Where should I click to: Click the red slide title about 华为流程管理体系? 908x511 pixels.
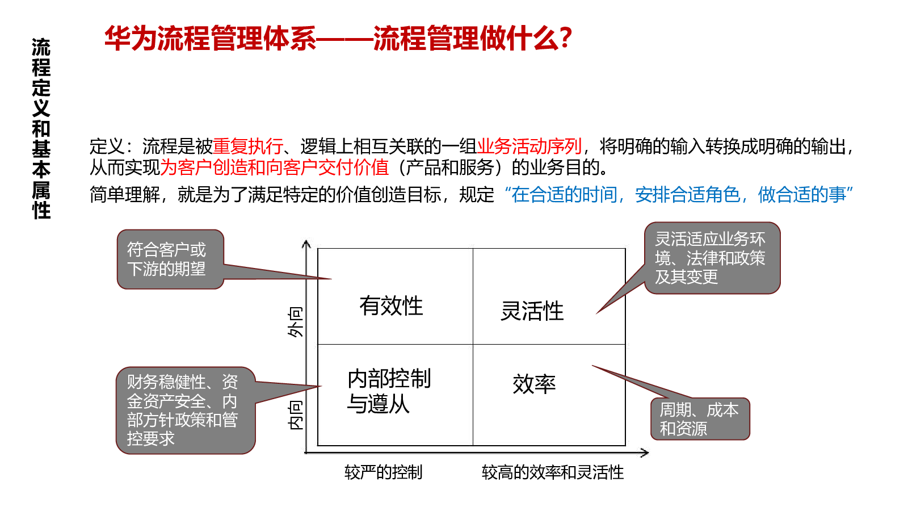click(x=338, y=38)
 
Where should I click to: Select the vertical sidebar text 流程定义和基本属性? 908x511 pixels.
click(x=41, y=128)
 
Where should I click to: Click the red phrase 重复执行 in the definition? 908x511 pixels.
click(x=247, y=146)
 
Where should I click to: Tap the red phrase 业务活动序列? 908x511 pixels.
click(x=529, y=146)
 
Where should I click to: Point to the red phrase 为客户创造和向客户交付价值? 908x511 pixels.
click(x=275, y=167)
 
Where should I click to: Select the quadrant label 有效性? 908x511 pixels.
click(x=391, y=306)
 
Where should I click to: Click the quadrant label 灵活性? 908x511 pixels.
click(x=532, y=311)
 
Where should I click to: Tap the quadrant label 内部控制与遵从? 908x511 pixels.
click(x=389, y=391)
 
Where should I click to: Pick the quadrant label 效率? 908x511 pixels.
click(x=534, y=384)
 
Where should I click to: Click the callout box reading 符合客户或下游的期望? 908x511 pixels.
click(x=170, y=259)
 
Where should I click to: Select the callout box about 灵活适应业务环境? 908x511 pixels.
click(x=712, y=258)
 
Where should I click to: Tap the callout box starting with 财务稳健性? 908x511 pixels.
click(x=186, y=411)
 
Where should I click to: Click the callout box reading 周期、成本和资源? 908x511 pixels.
click(x=700, y=419)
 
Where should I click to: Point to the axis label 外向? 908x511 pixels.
click(x=295, y=322)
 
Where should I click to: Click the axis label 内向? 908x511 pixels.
click(x=295, y=415)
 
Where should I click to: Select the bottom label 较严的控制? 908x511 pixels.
click(x=384, y=472)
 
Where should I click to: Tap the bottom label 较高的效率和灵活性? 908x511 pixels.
click(x=553, y=472)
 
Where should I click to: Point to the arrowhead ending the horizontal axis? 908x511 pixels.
click(x=645, y=453)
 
